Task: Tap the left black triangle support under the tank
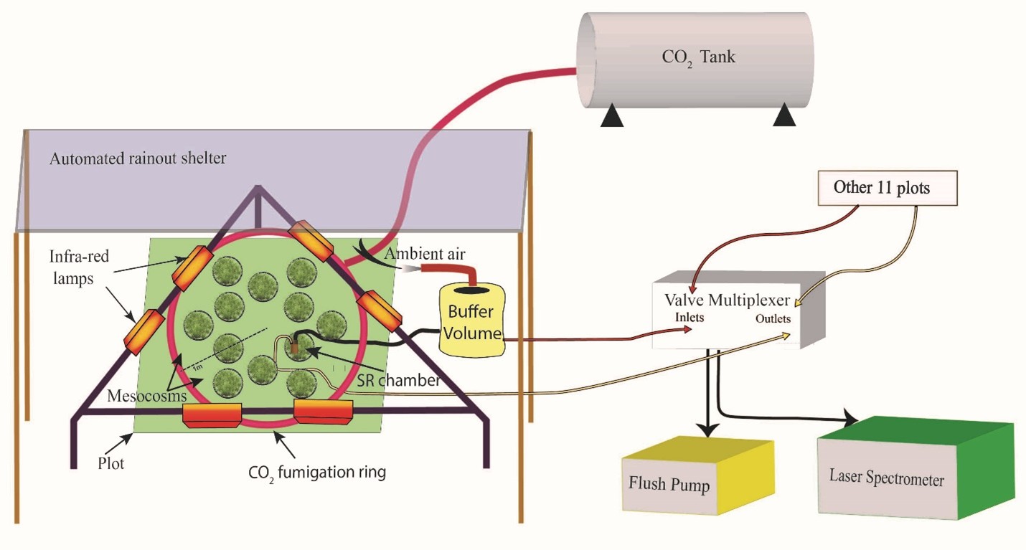pyautogui.click(x=611, y=115)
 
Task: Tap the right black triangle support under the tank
pyautogui.click(x=785, y=115)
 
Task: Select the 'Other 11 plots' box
pyautogui.click(x=881, y=188)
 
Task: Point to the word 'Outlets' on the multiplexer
pyautogui.click(x=772, y=318)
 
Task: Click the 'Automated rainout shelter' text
pyautogui.click(x=138, y=158)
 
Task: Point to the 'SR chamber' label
pyautogui.click(x=400, y=380)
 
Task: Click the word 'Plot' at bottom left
pyautogui.click(x=110, y=463)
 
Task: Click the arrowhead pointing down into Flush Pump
pyautogui.click(x=708, y=428)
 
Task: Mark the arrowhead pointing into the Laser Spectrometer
pyautogui.click(x=851, y=419)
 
